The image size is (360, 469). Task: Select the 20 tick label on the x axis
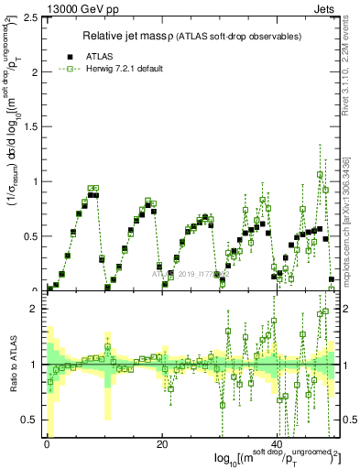[x=161, y=442]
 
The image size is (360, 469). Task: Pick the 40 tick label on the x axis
[x=277, y=442]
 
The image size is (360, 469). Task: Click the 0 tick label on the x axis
[x=47, y=442]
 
